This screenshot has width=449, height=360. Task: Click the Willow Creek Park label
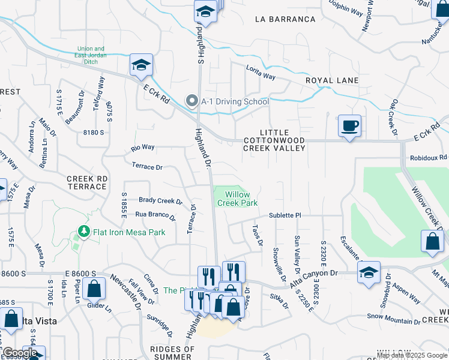click(241, 199)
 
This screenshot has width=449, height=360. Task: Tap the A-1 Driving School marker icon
click(192, 101)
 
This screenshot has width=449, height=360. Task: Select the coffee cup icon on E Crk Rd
click(349, 127)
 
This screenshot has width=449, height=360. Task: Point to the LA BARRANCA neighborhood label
click(285, 19)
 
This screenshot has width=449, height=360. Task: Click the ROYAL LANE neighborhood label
click(332, 80)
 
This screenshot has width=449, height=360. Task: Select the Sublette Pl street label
click(285, 215)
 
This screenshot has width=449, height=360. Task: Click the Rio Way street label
click(143, 147)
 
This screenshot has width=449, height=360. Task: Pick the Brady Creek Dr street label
click(160, 201)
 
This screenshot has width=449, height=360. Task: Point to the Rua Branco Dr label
click(158, 214)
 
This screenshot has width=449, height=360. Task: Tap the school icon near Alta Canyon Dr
click(369, 272)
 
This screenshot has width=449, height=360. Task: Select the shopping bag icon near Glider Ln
click(94, 289)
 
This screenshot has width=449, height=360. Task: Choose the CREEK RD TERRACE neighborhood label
click(87, 182)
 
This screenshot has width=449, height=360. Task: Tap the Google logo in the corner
click(19, 353)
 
